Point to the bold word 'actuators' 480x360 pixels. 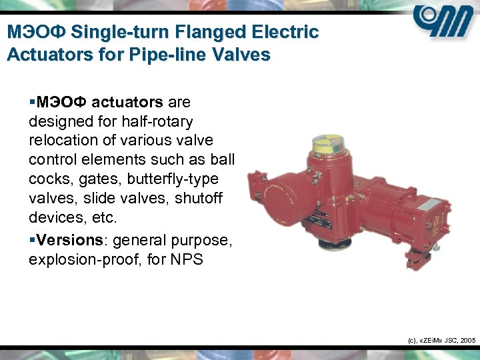pos(127,103)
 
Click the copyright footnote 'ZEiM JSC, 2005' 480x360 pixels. pos(441,341)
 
